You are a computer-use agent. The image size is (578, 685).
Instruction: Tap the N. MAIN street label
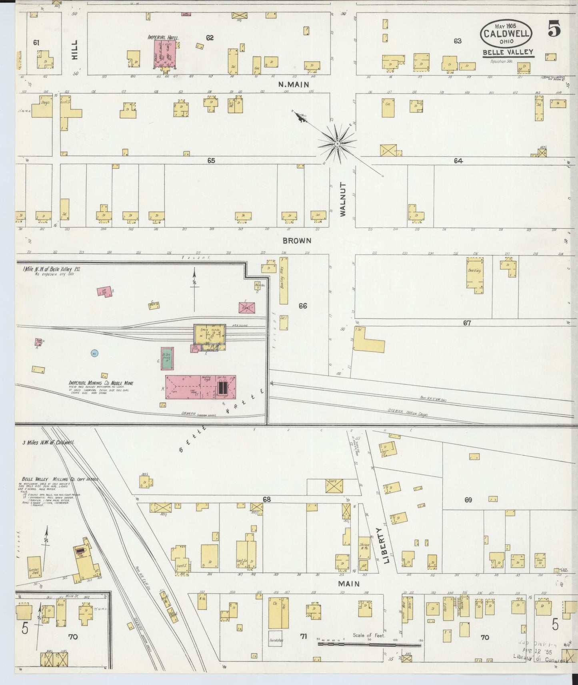[x=294, y=85]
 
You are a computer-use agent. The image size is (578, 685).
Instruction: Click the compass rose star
[x=337, y=143]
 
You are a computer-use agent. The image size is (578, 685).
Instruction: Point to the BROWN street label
[x=297, y=241]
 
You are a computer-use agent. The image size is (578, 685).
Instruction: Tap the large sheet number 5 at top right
[x=554, y=30]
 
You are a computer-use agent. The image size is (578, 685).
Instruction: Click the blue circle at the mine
[x=95, y=353]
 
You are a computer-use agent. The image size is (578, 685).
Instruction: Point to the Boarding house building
[x=475, y=273]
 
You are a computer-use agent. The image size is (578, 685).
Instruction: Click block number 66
[x=303, y=306]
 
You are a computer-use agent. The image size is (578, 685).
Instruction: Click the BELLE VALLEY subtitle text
[x=508, y=52]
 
